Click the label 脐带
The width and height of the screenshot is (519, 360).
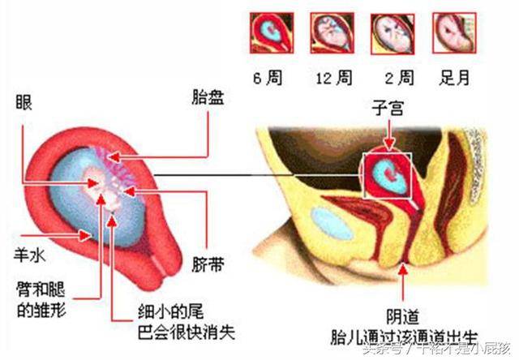208,264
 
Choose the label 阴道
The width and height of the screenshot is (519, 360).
404,319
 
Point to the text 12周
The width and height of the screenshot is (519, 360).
334,79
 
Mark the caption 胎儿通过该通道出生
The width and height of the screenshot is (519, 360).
404,335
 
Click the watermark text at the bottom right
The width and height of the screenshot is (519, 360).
438,349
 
